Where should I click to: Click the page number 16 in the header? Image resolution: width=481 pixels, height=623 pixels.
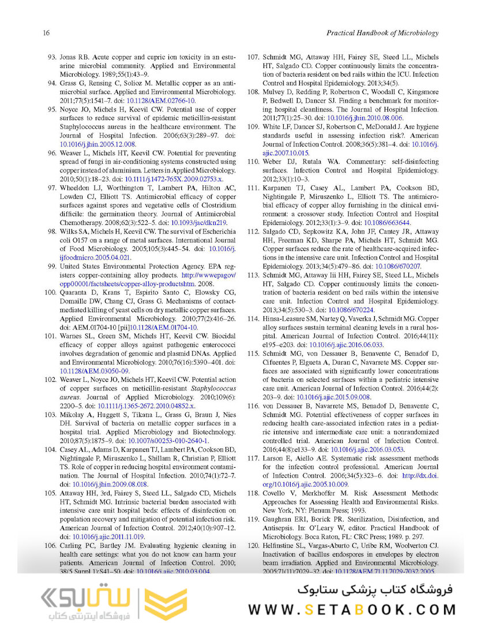(x=46, y=33)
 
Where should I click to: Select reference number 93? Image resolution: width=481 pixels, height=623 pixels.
(x=50, y=58)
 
